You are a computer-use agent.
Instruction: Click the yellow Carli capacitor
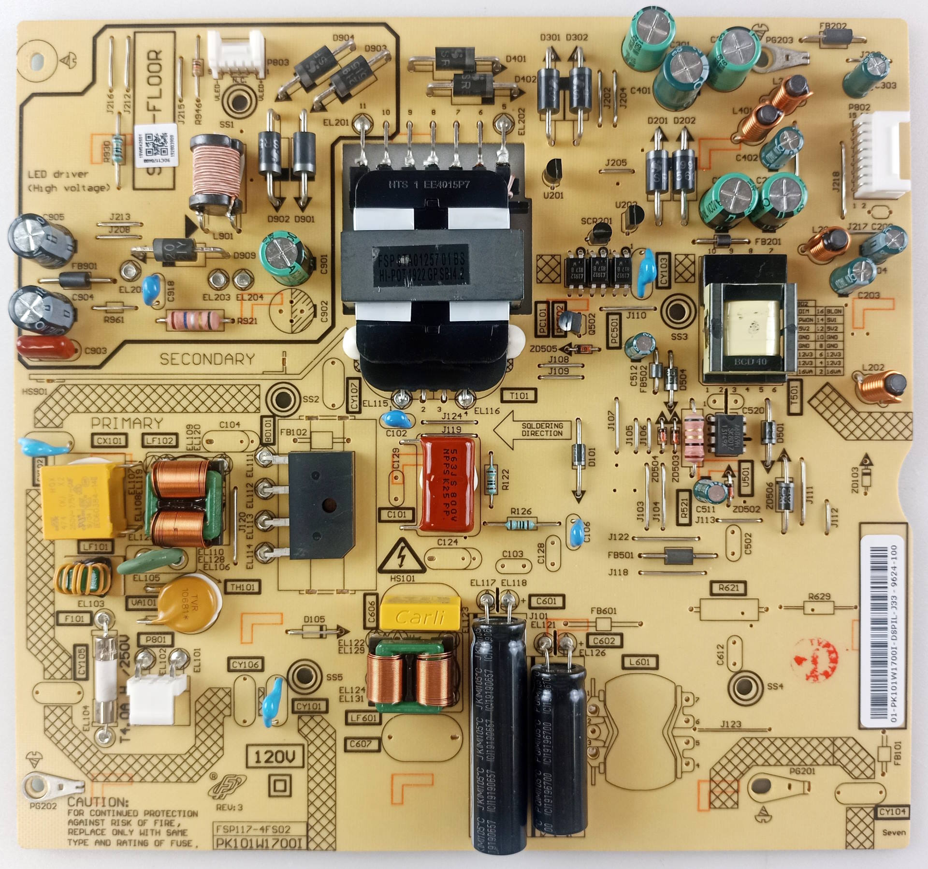tap(420, 616)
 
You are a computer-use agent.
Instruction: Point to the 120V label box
tap(275, 756)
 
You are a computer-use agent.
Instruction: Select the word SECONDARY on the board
tap(207, 359)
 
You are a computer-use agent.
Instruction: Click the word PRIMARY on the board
tap(127, 423)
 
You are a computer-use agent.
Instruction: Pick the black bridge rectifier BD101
tap(320, 506)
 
